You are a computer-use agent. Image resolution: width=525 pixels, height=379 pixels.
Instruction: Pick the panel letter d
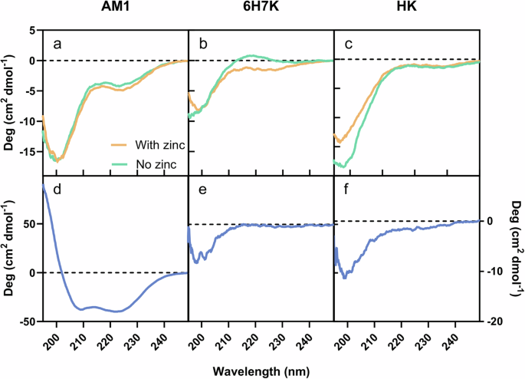pyautogui.click(x=57, y=193)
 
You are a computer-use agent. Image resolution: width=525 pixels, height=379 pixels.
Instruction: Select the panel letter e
pyautogui.click(x=203, y=193)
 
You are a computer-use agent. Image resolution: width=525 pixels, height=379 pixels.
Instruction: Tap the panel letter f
pyautogui.click(x=349, y=193)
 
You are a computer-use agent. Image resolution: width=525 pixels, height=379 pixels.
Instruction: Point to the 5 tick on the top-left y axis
pyautogui.click(x=32, y=30)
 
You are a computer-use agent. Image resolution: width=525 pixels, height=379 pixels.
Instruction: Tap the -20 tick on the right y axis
pyautogui.click(x=498, y=322)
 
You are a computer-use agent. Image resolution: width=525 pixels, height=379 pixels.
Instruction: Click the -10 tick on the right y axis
pyautogui.click(x=498, y=272)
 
